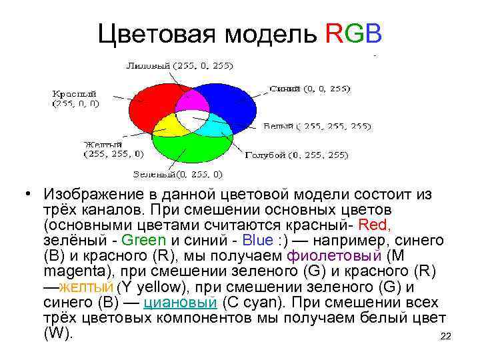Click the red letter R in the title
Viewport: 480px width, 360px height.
click(336, 34)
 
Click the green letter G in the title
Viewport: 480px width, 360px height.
click(355, 34)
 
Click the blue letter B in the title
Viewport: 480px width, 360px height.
click(373, 34)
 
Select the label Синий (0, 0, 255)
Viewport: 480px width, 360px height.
click(311, 88)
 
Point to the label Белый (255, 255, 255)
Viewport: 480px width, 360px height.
click(317, 125)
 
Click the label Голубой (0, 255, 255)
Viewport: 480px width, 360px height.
click(296, 155)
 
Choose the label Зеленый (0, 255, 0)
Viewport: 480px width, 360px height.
click(178, 174)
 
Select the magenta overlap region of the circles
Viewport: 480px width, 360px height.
click(190, 101)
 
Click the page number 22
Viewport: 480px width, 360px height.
click(446, 337)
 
